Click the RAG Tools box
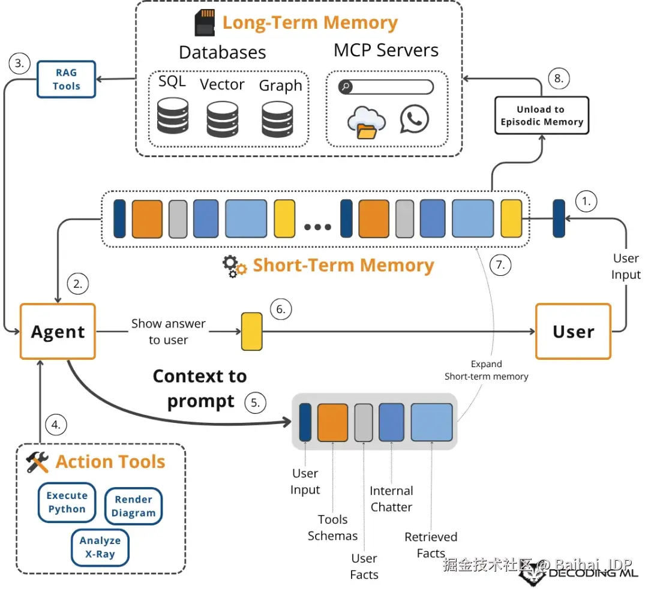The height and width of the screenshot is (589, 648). point(66,79)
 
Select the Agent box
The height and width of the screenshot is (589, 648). point(58,332)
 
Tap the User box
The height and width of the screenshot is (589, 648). point(573,332)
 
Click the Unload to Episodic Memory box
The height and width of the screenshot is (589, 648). point(541,116)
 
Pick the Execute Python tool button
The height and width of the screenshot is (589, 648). point(67,503)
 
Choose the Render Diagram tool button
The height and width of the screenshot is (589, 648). point(133,506)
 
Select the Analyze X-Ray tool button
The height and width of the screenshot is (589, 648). point(100,547)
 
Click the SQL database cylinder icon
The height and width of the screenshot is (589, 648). point(173,118)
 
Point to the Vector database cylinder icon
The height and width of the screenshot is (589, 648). point(223,119)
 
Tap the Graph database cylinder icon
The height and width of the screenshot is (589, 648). point(277,119)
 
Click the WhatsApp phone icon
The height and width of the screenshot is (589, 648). point(415,119)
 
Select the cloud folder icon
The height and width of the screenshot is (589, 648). point(366,122)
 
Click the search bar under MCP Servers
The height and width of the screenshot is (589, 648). point(386,87)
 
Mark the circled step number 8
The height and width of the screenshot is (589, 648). point(559,79)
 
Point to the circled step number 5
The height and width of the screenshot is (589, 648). point(255,402)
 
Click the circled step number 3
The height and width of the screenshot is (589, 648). point(20,64)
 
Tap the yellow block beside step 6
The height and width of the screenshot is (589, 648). point(251,331)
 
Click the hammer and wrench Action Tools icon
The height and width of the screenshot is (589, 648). point(37,462)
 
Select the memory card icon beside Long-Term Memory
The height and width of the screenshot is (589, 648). point(205,23)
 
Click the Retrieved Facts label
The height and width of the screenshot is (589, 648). point(431,545)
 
